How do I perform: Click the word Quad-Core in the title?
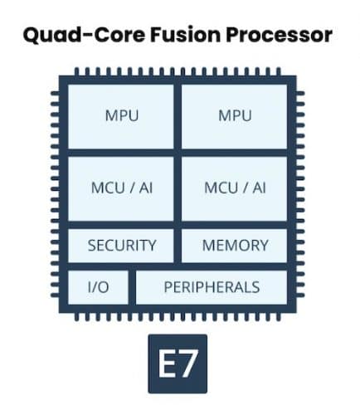coord(84,35)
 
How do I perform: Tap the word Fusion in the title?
coord(186,35)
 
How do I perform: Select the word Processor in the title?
coord(280,35)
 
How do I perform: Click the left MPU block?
coord(121,116)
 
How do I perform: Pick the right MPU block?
coord(234,116)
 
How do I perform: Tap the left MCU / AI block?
coord(121,189)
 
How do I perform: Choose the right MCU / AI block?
coord(234,189)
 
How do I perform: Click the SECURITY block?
coord(121,246)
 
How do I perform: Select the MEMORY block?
coord(234,246)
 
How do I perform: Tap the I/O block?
coord(98,287)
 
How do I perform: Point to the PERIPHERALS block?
coord(212,287)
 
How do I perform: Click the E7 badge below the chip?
coord(178,364)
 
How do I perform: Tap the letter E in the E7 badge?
coord(167,364)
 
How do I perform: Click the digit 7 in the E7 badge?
coord(188,364)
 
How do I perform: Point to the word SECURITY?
coord(122,246)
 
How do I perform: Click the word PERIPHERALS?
coord(212,287)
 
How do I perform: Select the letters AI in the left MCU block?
coord(146,188)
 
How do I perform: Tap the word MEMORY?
coord(236,246)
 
